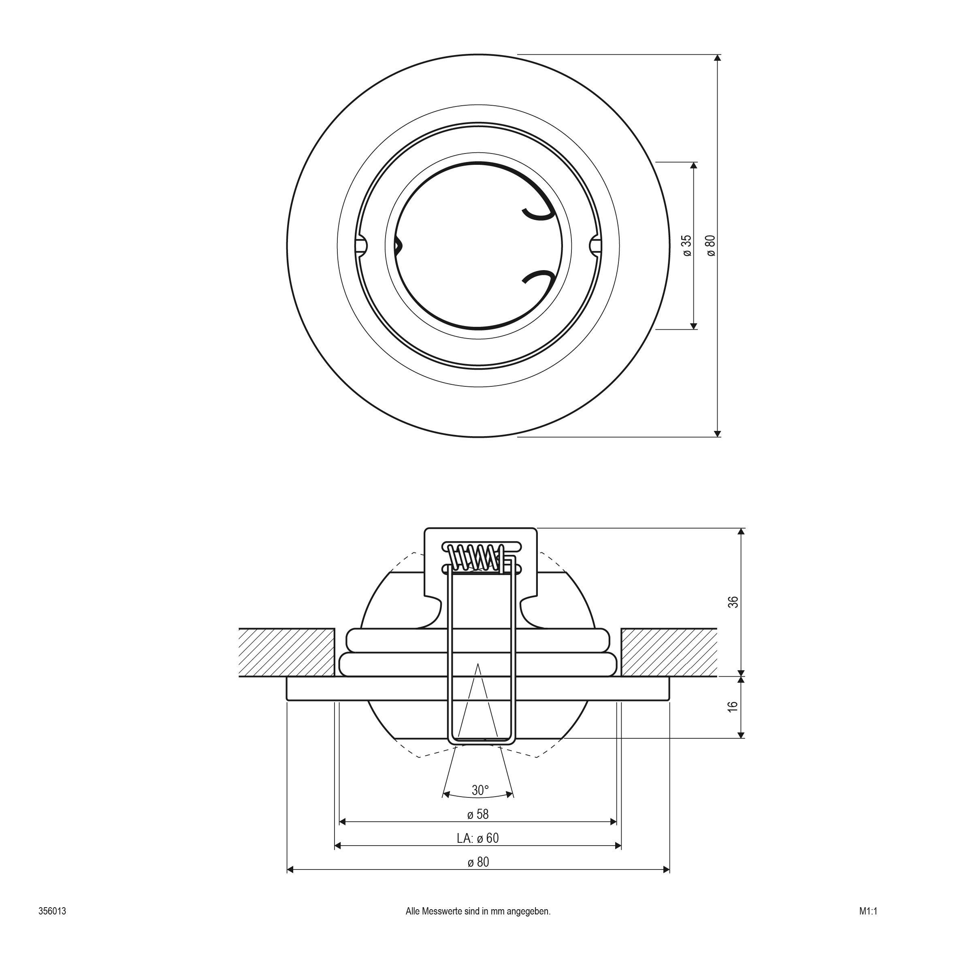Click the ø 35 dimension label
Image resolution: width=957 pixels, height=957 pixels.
pos(686,246)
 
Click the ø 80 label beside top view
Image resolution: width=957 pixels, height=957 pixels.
pos(711,246)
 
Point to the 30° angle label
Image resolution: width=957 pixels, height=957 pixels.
pos(480,790)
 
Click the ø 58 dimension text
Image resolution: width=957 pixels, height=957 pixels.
pos(478,814)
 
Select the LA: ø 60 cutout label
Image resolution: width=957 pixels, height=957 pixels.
pos(477,838)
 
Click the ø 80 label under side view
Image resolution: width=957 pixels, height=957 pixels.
pos(478,862)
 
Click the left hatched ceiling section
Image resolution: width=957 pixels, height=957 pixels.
pos(286,652)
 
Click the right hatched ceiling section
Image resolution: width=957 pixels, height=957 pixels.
pos(669,652)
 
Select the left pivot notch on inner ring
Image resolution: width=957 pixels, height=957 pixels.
pos(362,246)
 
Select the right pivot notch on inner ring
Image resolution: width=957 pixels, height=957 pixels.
pos(595,246)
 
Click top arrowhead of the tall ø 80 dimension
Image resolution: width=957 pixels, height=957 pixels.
pos(718,58)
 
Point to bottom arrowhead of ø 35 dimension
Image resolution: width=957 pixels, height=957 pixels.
pos(693,326)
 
